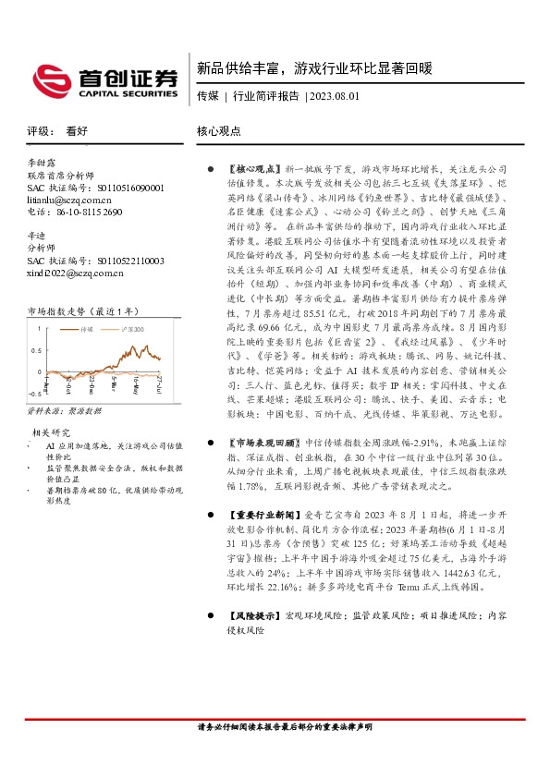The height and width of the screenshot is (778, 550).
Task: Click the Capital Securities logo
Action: [x=104, y=80]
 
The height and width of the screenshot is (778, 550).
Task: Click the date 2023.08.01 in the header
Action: [x=335, y=96]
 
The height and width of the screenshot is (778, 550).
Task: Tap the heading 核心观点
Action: [x=219, y=131]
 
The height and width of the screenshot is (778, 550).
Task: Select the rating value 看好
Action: [x=77, y=131]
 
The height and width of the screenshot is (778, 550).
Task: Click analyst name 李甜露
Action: [x=43, y=162]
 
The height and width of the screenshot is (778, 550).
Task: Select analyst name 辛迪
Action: [x=37, y=236]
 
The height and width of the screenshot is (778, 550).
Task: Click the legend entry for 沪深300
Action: [x=131, y=328]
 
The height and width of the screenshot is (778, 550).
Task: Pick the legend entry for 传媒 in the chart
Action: [x=84, y=328]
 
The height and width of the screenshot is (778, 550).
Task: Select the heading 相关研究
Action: [x=52, y=432]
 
